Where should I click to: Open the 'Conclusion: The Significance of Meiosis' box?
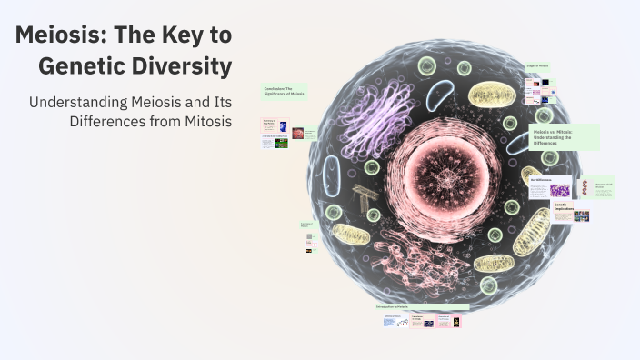(x=286, y=92)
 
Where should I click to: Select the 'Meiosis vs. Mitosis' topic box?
(x=564, y=137)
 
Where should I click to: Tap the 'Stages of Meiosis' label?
(x=538, y=67)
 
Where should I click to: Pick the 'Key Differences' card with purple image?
(x=550, y=187)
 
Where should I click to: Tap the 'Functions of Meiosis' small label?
(x=307, y=224)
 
